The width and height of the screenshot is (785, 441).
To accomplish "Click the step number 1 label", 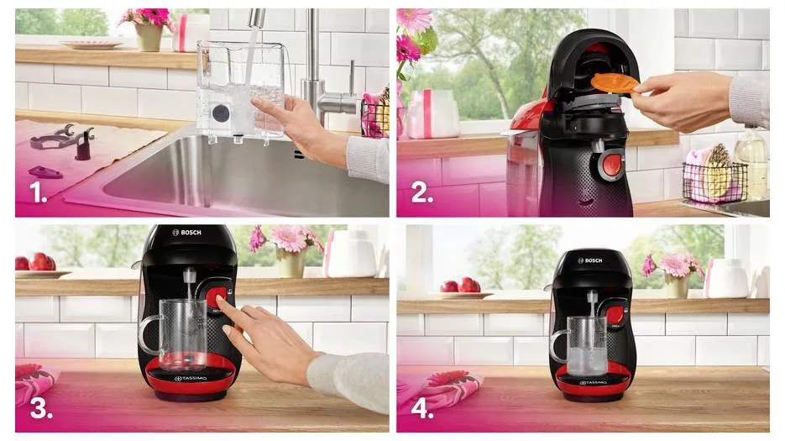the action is [x=38, y=192].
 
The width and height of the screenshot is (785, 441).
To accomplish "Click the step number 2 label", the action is [x=421, y=192].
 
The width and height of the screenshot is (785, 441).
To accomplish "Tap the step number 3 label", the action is [x=41, y=408].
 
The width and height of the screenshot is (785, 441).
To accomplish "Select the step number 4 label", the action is [x=422, y=408].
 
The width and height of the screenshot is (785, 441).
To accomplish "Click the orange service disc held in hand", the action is [x=615, y=82].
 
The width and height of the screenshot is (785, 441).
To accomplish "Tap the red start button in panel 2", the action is [x=611, y=165].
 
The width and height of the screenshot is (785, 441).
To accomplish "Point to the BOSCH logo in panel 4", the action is [x=590, y=260].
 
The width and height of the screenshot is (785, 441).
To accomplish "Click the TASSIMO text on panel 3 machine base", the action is [x=191, y=378].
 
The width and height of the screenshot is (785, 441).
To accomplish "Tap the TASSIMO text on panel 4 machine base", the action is [x=594, y=383].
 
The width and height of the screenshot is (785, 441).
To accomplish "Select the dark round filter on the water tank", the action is [x=221, y=113].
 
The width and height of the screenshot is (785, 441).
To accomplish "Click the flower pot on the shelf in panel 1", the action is [x=149, y=38].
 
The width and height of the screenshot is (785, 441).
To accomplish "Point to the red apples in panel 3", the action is [x=36, y=263].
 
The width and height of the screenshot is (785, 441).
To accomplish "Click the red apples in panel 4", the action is [x=460, y=285].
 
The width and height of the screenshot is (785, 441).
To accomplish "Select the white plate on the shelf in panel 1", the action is [x=92, y=45].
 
